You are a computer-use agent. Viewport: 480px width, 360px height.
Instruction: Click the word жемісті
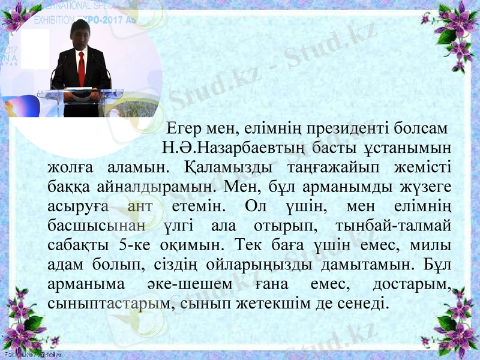click(x=422, y=166)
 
